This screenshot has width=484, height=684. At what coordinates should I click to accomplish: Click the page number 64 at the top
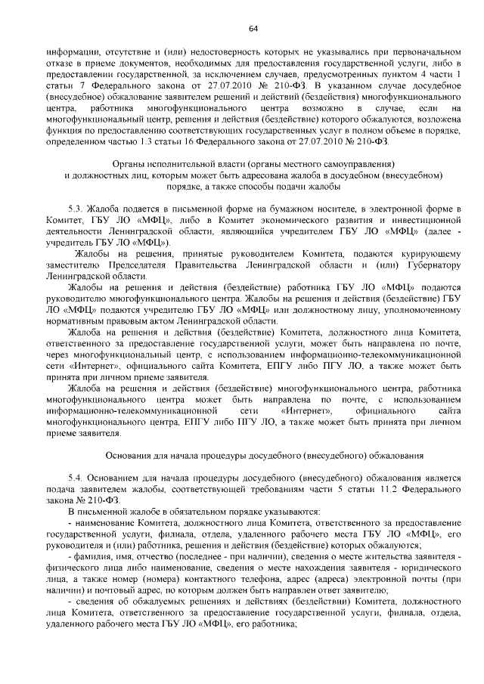coord(253,28)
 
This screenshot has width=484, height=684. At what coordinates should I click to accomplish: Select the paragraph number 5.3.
coord(74,207)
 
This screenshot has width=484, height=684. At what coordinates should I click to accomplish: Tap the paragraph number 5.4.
coord(74,478)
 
